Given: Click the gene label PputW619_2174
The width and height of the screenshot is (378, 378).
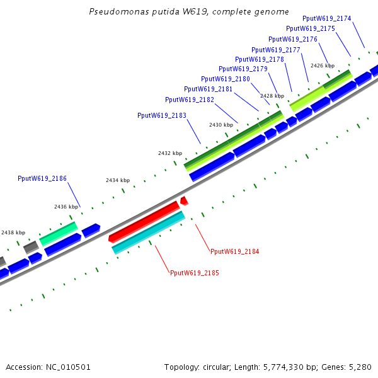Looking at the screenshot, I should [x=327, y=18].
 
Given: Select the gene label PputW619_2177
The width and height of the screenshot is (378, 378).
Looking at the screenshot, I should [x=276, y=50].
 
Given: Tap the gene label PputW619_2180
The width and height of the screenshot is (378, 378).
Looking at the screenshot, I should [x=226, y=79].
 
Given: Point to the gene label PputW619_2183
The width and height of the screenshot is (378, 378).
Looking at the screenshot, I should [x=162, y=115].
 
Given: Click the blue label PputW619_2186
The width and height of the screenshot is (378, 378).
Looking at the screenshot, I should [x=42, y=179].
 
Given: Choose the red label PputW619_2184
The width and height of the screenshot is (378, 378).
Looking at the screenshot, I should [x=235, y=251].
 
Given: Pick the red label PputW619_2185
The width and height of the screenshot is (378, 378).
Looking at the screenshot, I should [x=195, y=273].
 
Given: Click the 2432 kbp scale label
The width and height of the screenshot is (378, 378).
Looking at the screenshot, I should [x=170, y=153].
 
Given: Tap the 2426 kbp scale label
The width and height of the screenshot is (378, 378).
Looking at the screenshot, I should [x=323, y=66].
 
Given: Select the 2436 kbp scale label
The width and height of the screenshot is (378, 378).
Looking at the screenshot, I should [x=66, y=207].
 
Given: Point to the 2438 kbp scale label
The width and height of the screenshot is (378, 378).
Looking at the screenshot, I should [x=13, y=232].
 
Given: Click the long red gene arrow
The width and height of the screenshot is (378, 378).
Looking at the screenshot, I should [x=144, y=220].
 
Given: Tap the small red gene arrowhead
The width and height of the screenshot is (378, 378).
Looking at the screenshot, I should [x=184, y=200].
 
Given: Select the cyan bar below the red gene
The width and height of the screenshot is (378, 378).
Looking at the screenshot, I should [x=149, y=232].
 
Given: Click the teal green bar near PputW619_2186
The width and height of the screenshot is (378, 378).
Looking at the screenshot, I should [x=58, y=232].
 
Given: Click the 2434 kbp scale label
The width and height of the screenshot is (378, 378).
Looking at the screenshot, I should [x=118, y=180].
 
